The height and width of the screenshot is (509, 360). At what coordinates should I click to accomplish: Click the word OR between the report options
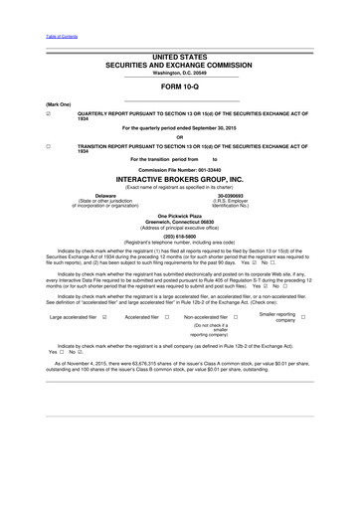pos(179,137)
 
